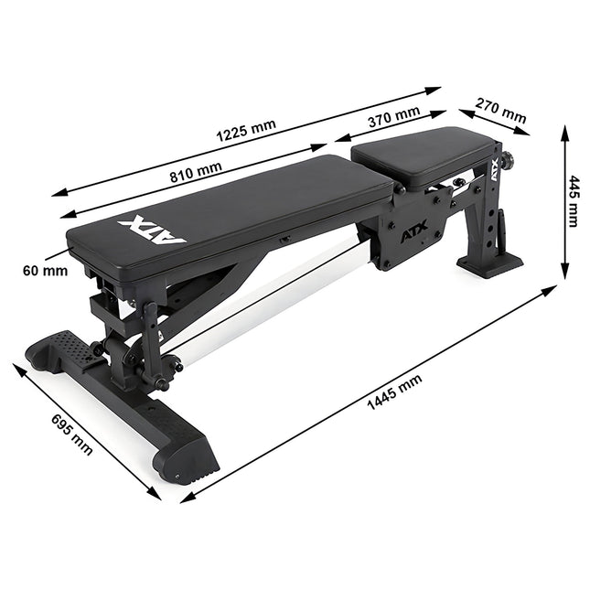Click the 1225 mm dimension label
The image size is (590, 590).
[x=246, y=130]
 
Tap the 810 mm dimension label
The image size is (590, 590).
[x=196, y=172]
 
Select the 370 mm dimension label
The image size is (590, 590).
[x=394, y=117]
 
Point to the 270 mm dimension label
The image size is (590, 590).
[x=500, y=111]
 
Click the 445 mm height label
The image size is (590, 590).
[x=574, y=201]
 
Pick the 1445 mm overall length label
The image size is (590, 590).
[x=394, y=392]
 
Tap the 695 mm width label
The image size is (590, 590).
[x=71, y=434]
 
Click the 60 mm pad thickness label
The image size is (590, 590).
[x=45, y=271]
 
